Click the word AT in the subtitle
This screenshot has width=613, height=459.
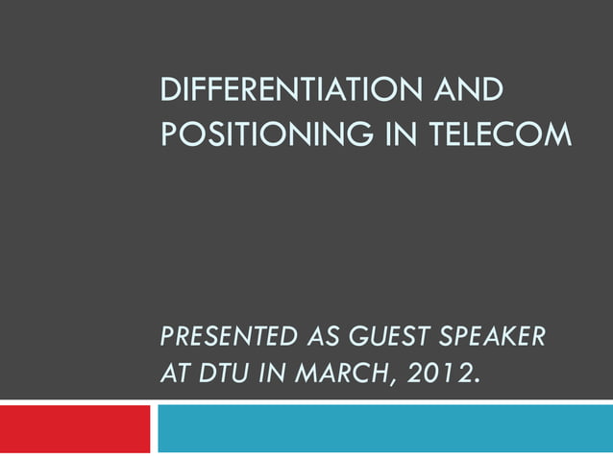173,372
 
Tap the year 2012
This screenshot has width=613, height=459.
439,372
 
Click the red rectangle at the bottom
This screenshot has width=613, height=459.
75,428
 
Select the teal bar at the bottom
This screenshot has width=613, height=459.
384,428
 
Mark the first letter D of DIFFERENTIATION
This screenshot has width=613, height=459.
169,93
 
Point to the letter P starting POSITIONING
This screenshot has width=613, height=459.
168,136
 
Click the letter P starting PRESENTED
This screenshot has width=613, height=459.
166,337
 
